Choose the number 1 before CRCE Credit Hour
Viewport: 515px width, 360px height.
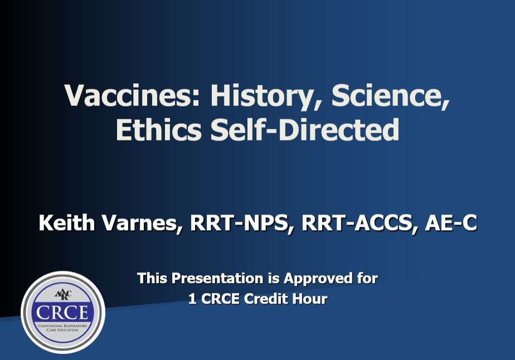click(192, 299)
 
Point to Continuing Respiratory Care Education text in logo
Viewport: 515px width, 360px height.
click(62, 328)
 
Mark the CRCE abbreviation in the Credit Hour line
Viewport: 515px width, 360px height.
click(224, 299)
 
